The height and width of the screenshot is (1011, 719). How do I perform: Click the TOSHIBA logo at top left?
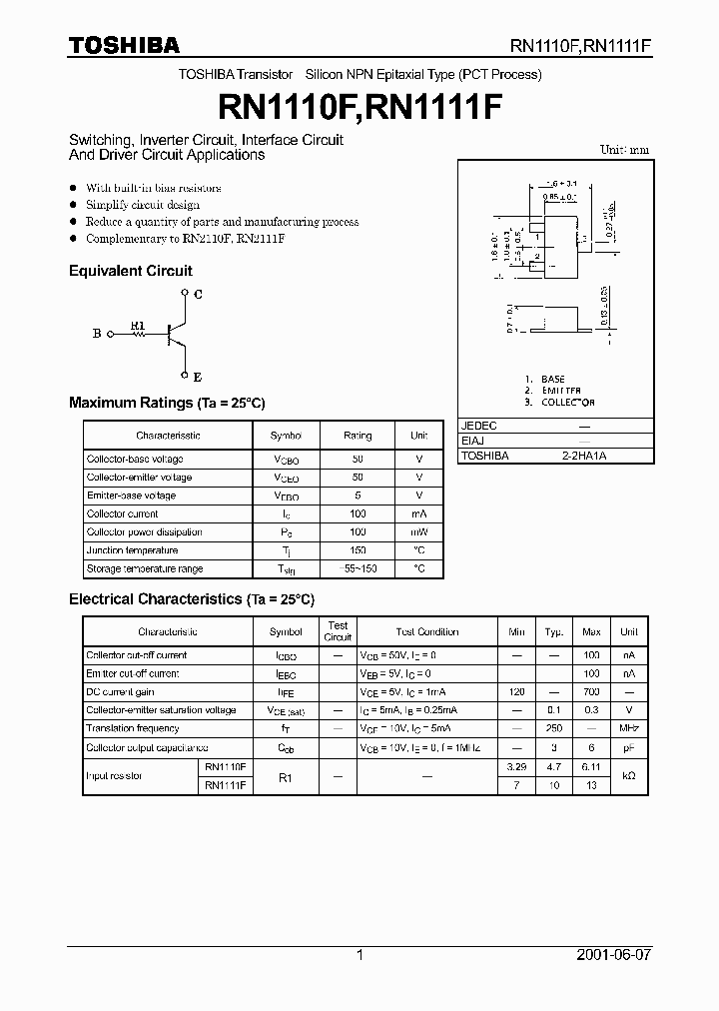pyautogui.click(x=124, y=44)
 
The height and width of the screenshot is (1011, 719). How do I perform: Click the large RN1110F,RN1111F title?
pyautogui.click(x=359, y=108)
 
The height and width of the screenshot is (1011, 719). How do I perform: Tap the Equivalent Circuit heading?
pyautogui.click(x=130, y=271)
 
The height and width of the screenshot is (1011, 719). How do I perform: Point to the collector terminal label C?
pyautogui.click(x=198, y=294)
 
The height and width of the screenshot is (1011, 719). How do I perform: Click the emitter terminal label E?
pyautogui.click(x=197, y=377)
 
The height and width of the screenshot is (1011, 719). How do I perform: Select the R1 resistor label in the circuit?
pyautogui.click(x=138, y=325)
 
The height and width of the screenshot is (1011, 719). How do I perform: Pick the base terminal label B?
pyautogui.click(x=97, y=334)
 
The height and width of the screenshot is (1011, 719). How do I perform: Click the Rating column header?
pyautogui.click(x=358, y=436)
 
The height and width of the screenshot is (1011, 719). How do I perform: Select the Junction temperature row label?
pyautogui.click(x=132, y=550)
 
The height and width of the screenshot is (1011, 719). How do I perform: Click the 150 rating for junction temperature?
pyautogui.click(x=358, y=550)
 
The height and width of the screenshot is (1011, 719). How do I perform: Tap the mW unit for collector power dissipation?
pyautogui.click(x=418, y=532)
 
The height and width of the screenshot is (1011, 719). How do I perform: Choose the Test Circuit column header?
pyautogui.click(x=339, y=631)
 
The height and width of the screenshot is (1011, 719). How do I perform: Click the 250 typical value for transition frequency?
pyautogui.click(x=553, y=728)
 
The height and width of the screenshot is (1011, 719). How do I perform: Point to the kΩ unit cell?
pyautogui.click(x=628, y=776)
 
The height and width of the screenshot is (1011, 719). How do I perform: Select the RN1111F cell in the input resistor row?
pyautogui.click(x=225, y=785)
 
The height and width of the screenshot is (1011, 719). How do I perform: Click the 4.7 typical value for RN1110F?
pyautogui.click(x=553, y=766)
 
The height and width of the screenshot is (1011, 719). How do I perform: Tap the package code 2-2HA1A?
pyautogui.click(x=584, y=456)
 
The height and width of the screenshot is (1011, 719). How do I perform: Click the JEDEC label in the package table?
pyautogui.click(x=478, y=426)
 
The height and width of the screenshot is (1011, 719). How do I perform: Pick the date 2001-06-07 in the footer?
pyautogui.click(x=614, y=955)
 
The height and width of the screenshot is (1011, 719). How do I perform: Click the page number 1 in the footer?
pyautogui.click(x=359, y=955)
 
